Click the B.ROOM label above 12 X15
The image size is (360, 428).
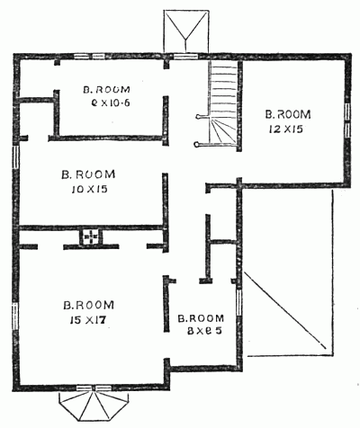click(288, 114)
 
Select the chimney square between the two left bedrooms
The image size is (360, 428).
click(90, 238)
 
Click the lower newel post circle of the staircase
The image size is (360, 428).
click(196, 144)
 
